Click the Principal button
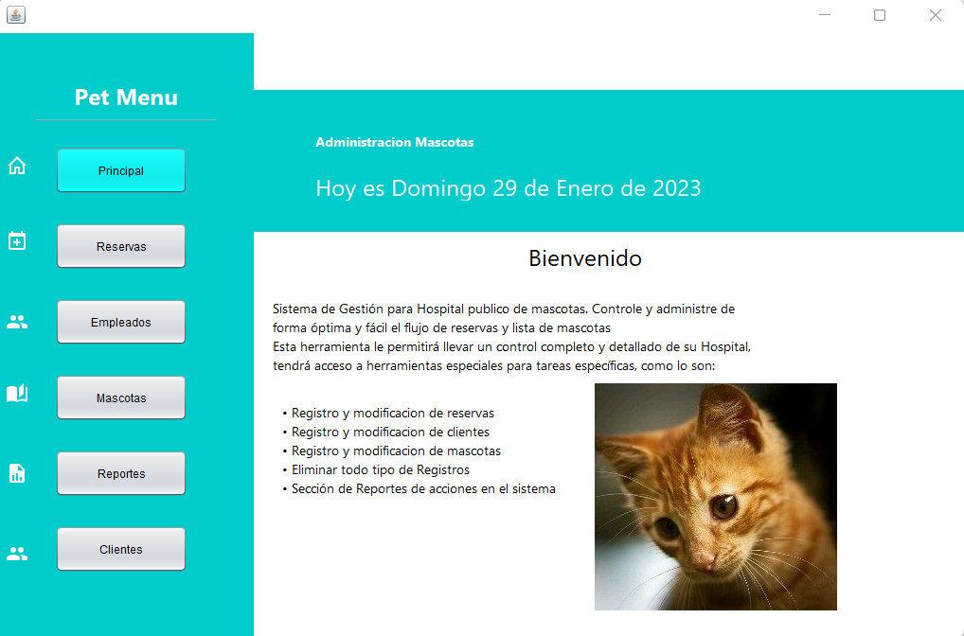(x=121, y=170)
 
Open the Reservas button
(x=121, y=246)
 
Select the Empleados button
(x=121, y=322)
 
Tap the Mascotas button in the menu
(x=121, y=397)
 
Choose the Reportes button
(x=121, y=473)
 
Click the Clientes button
(x=121, y=549)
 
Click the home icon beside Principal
(x=17, y=167)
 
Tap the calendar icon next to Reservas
(x=17, y=240)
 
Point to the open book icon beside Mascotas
(x=17, y=394)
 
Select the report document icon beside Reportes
(x=17, y=473)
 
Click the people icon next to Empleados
(x=17, y=322)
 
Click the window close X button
(x=936, y=15)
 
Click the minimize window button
(x=824, y=15)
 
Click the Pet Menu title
(x=126, y=97)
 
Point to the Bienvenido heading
(x=585, y=257)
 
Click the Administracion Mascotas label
(x=394, y=142)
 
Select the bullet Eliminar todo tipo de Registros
(x=381, y=469)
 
